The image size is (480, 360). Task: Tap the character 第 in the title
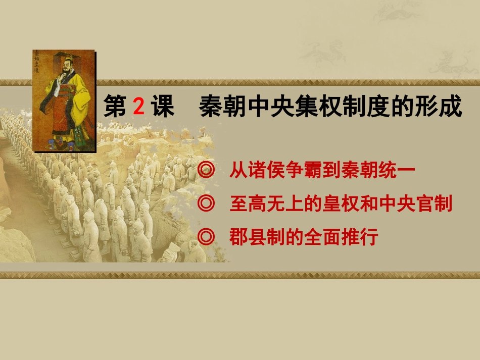[x=115, y=107]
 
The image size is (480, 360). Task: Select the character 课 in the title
[x=163, y=107]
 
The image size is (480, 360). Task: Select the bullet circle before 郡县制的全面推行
[x=206, y=236]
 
